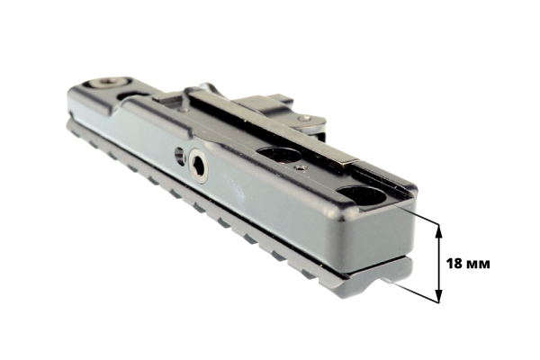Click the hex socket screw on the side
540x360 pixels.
pos(199,166)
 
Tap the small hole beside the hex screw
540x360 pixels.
pos(179,156)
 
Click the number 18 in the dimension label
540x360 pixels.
pos(454,264)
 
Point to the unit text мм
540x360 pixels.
pos(478,265)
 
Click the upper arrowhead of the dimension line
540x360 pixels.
pos(438,230)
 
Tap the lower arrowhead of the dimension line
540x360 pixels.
pos(438,295)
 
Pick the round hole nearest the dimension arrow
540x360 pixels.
pos(363,196)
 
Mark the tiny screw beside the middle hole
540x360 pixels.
pos(301,167)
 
